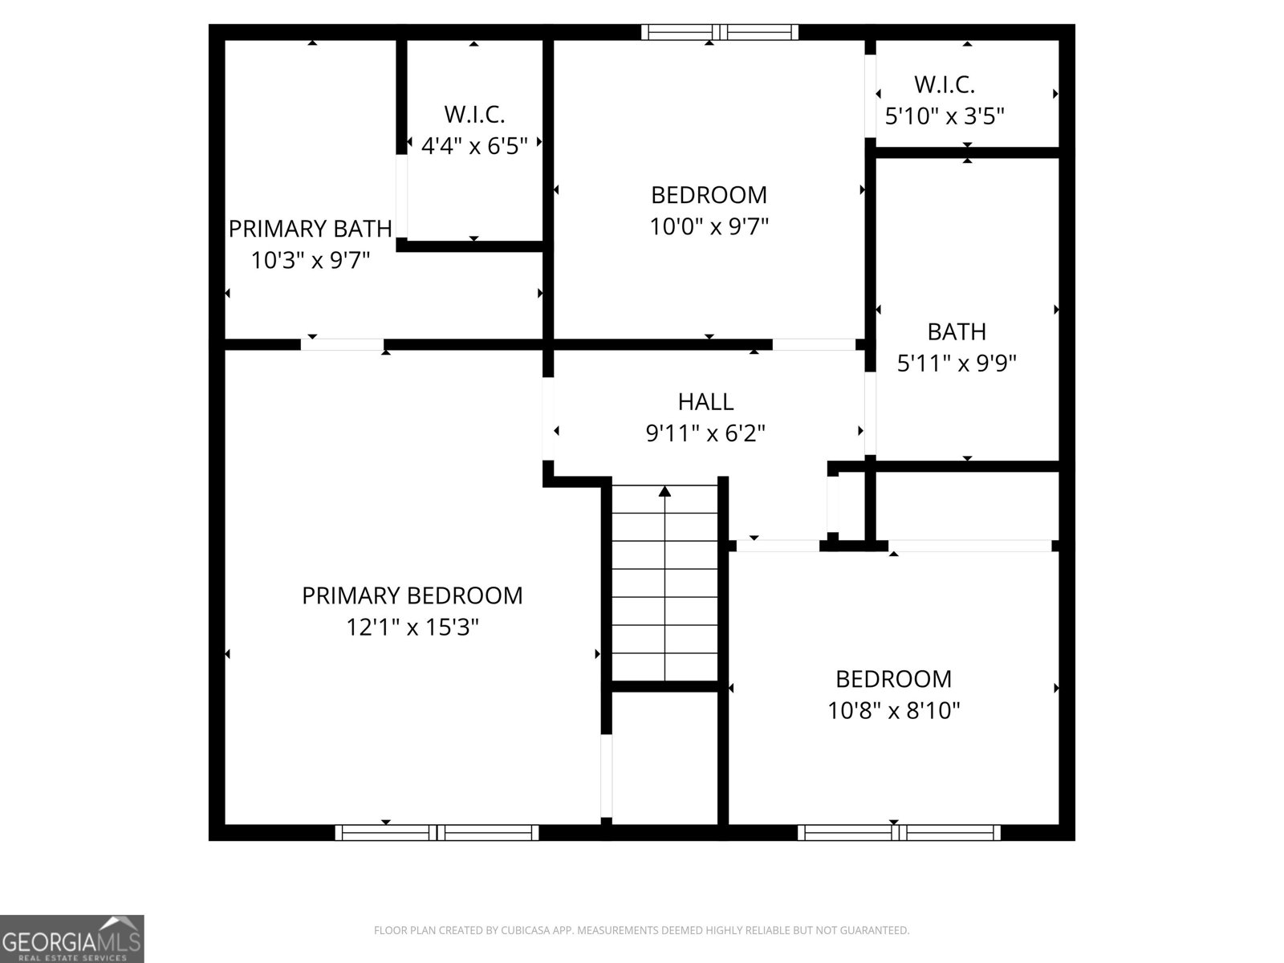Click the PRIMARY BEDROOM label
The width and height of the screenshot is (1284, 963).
[x=412, y=595]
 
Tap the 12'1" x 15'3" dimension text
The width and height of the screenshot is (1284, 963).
[x=412, y=627]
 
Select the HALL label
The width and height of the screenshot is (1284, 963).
[x=705, y=401]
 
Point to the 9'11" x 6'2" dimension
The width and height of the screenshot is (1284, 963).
[x=705, y=433]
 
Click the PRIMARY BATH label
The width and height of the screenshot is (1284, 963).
[x=311, y=229]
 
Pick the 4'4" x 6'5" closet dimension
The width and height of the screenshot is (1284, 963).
[x=474, y=146]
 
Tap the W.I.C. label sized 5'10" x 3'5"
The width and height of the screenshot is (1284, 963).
[x=945, y=84]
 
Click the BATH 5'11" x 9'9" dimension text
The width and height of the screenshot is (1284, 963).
[x=957, y=364]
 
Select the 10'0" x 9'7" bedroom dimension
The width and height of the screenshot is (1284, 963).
[x=709, y=227]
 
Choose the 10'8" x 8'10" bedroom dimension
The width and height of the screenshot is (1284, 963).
[x=894, y=711]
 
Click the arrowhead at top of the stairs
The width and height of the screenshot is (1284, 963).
[x=664, y=490]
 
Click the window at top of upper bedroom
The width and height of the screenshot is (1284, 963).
[x=720, y=32]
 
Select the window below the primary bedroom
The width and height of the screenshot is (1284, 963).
[x=437, y=832]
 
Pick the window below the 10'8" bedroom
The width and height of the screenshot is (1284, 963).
[x=899, y=832]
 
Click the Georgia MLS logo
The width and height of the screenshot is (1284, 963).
[x=72, y=938]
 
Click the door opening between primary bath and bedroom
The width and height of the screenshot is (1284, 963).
[x=343, y=345]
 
